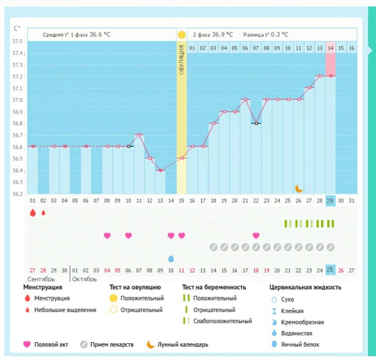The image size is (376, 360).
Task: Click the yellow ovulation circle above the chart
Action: tap(182, 35)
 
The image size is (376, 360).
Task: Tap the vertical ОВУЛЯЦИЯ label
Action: tap(182, 59)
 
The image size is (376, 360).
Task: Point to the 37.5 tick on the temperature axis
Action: tap(19, 41)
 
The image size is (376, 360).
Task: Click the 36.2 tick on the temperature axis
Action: tap(19, 194)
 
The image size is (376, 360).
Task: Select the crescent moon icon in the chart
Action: tap(299, 188)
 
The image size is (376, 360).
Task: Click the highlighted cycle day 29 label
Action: tap(331, 200)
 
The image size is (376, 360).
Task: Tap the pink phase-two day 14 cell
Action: tap(331, 48)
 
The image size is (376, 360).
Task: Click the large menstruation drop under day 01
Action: tap(33, 213)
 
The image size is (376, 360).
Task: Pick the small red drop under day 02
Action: tap(43, 213)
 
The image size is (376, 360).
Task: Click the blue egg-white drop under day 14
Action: tap(171, 259)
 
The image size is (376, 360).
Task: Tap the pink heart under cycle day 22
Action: tap(256, 236)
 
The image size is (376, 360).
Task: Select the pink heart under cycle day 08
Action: tap(107, 236)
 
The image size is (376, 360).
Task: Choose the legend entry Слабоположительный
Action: tap(222, 321)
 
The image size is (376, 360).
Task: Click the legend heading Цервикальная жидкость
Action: tap(305, 287)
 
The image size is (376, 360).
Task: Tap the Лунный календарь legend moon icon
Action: tap(151, 344)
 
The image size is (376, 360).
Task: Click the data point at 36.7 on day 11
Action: tap(140, 135)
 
